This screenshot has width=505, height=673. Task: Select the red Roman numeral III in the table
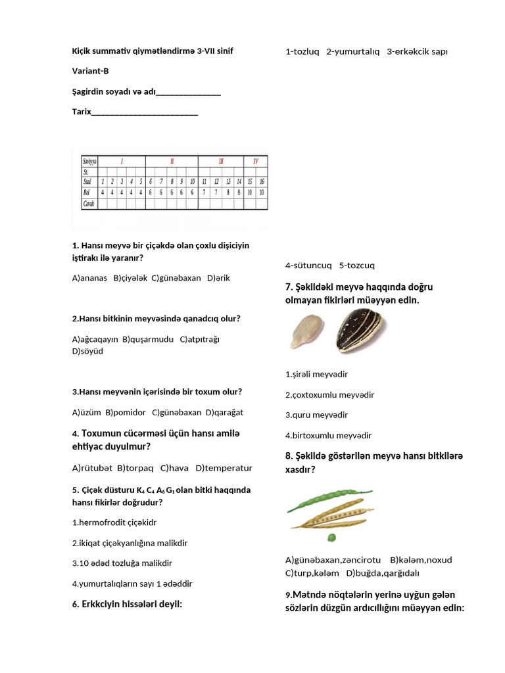[222, 160]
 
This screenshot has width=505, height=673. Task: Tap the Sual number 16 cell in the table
[262, 181]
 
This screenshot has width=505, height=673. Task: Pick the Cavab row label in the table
[88, 204]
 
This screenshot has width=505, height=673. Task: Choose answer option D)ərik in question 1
[218, 278]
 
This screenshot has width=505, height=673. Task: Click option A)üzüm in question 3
[86, 413]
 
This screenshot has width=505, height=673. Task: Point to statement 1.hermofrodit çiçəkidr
[114, 522]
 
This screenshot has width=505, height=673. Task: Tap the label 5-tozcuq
[356, 266]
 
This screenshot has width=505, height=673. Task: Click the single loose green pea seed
[332, 537]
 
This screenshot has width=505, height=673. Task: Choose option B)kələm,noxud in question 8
[421, 560]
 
